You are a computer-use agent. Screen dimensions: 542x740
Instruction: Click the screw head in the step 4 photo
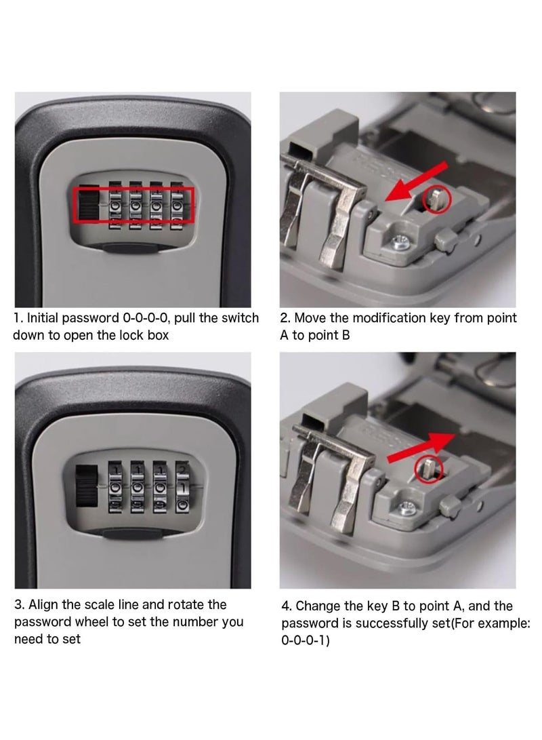406,507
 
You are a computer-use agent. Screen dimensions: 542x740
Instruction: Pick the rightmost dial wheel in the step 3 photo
182,487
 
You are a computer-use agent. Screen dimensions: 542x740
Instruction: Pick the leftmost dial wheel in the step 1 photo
115,206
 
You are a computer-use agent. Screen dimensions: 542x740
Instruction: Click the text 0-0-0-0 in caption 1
146,318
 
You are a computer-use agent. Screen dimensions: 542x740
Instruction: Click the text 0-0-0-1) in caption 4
306,640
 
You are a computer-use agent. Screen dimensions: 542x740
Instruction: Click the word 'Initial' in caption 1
43,318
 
